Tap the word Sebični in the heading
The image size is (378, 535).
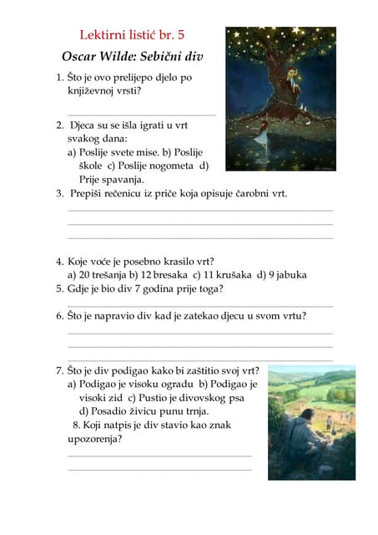164,57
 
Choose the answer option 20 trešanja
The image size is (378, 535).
97,274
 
